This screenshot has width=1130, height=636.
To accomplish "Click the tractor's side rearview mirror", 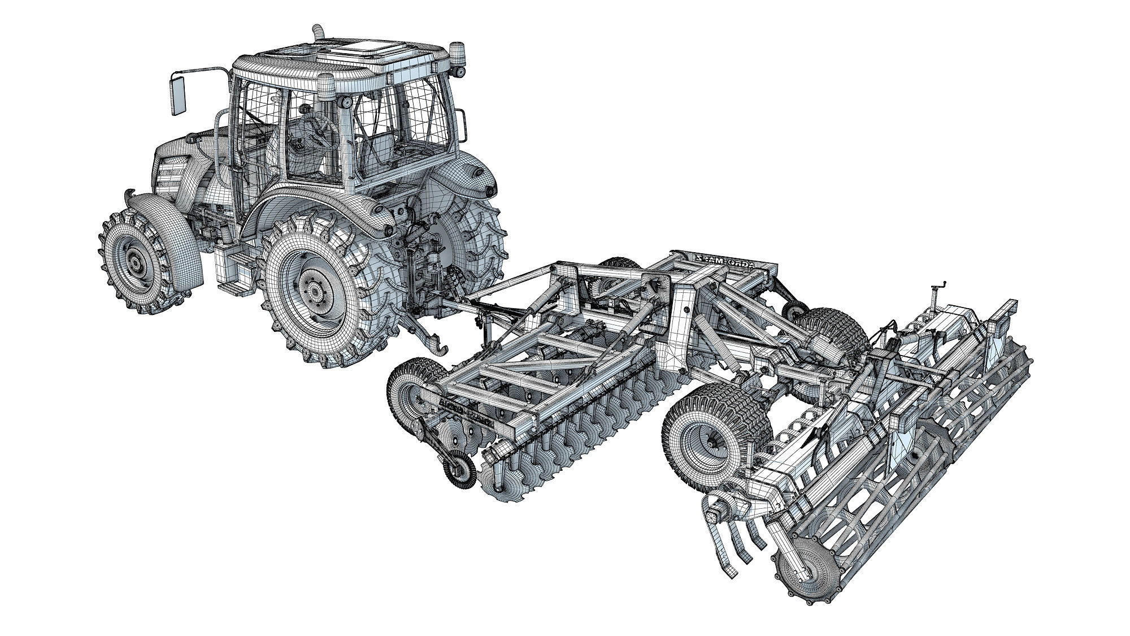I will click(x=179, y=94).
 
